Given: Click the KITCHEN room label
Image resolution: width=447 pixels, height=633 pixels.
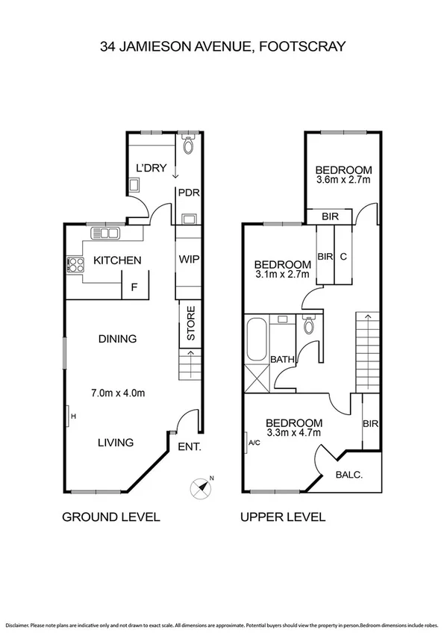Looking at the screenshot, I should click(x=117, y=261).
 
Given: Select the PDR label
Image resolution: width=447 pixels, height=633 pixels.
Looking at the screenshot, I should click(x=187, y=191).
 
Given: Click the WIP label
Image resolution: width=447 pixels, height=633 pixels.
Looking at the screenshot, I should click(x=187, y=261).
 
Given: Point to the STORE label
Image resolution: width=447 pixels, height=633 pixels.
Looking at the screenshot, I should click(x=190, y=323).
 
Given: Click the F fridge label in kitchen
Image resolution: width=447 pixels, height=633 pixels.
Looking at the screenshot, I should click(x=134, y=286).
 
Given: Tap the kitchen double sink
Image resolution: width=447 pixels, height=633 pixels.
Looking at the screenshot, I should click(x=106, y=234).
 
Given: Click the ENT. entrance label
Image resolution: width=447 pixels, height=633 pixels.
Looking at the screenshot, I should click(x=189, y=448).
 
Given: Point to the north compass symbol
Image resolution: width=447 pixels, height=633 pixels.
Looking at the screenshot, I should click(x=201, y=487).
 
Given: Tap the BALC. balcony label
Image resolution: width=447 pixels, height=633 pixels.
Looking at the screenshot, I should click(x=350, y=473).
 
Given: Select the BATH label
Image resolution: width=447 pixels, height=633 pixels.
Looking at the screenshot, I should click(x=282, y=359).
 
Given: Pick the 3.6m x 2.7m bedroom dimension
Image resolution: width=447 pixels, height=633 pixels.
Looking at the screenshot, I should click(x=343, y=180).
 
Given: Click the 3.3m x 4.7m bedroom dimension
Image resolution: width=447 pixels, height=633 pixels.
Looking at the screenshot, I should click(x=294, y=432).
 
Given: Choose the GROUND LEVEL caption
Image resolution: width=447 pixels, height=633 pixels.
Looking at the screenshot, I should click(x=110, y=517).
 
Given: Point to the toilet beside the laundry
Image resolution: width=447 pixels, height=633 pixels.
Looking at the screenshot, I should click(x=187, y=144).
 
